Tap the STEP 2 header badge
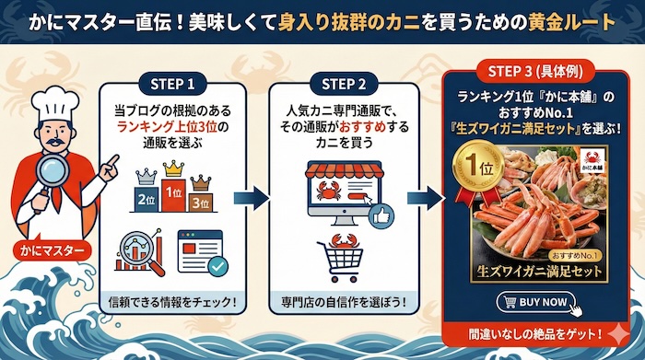[344, 84]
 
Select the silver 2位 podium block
[146, 197]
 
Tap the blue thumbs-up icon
[379, 217]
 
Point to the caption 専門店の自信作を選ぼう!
[344, 301]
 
